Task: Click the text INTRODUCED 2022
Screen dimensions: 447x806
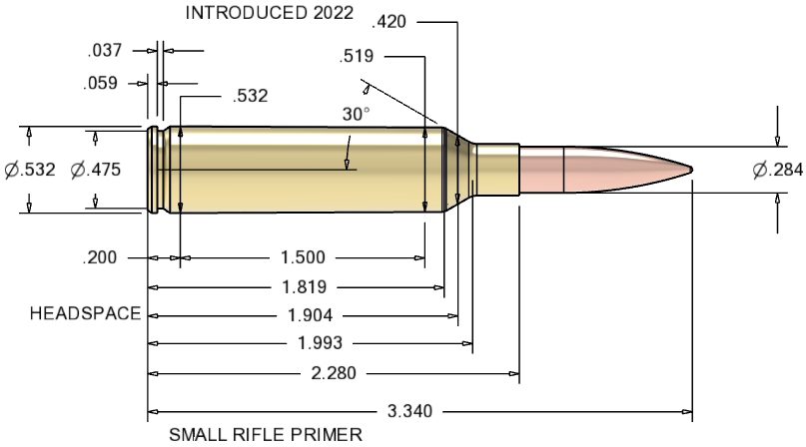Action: (x=271, y=13)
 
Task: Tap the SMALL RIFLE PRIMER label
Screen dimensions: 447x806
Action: (x=264, y=434)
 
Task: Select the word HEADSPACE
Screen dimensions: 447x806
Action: (x=86, y=313)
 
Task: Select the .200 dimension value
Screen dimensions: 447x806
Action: (x=101, y=257)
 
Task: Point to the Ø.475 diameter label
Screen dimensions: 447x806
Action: (x=96, y=170)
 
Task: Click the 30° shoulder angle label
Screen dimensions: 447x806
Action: (x=357, y=115)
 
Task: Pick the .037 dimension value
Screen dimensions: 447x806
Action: (x=106, y=49)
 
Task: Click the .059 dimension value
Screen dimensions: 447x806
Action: (x=100, y=83)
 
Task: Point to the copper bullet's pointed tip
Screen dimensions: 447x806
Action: (x=692, y=168)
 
